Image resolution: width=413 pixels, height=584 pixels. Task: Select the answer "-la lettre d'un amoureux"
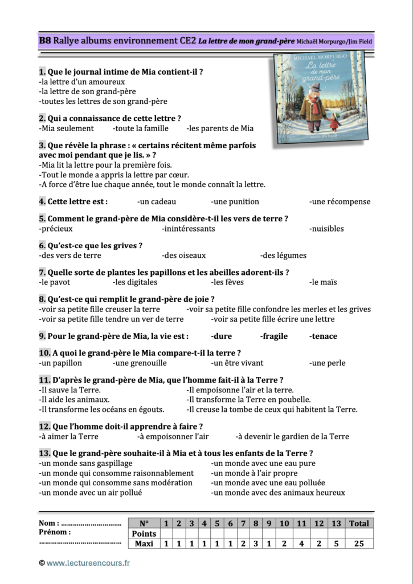[81, 82]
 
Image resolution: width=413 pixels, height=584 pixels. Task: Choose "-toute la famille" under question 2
[140, 128]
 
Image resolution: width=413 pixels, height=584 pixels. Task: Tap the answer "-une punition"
[235, 201]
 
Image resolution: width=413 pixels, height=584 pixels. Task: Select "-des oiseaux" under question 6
[183, 255]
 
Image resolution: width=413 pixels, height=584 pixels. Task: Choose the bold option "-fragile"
[274, 336]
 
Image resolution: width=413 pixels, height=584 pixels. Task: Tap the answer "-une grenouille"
[140, 363]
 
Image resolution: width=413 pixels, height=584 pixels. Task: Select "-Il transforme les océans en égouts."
[101, 409]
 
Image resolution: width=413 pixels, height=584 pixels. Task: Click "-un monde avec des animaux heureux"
[277, 493]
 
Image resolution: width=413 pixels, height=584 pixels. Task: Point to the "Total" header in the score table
[358, 523]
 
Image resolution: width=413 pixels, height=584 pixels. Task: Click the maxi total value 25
[358, 544]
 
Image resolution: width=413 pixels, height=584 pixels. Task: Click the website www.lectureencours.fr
[88, 563]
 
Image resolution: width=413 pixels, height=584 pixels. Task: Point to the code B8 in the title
[45, 40]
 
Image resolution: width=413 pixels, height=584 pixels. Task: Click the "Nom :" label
[49, 523]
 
